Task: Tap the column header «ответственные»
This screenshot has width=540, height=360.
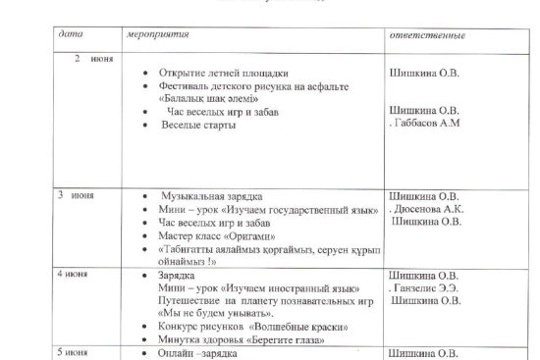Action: point(428,35)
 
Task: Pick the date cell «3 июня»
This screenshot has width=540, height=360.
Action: point(75,195)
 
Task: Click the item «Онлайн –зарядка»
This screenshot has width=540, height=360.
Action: point(199,352)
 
